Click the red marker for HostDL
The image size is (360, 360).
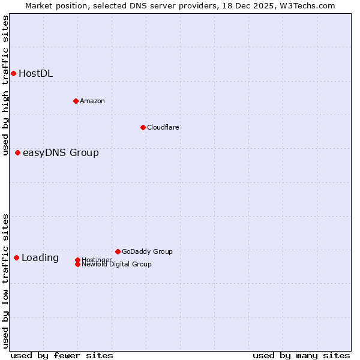point(13,73)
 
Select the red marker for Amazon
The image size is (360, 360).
point(76,101)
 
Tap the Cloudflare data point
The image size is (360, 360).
point(143,127)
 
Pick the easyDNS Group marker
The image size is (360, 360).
point(18,152)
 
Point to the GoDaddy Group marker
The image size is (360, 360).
point(118,251)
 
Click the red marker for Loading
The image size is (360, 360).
point(16,257)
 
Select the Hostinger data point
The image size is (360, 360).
point(77,260)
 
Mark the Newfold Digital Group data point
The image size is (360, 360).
point(77,264)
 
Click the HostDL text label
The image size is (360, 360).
point(35,74)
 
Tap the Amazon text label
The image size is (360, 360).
point(92,101)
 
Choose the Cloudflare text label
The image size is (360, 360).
point(163,127)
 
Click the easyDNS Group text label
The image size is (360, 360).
point(61,153)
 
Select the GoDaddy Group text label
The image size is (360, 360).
point(147,251)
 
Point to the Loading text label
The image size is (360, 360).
point(40,258)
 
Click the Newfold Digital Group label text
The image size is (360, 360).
point(116,264)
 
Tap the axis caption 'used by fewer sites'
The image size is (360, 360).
point(62,355)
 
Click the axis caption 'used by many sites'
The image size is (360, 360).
point(301,355)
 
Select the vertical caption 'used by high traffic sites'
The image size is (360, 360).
point(5,85)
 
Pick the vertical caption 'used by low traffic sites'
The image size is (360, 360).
point(5,281)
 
